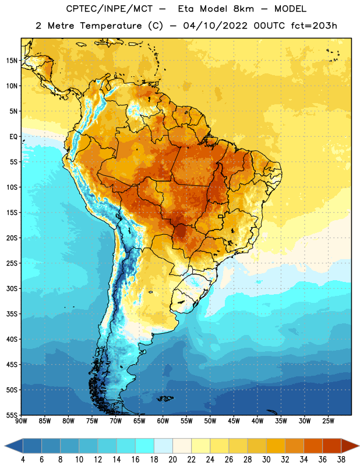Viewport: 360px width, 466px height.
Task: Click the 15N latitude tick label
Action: (x=12, y=61)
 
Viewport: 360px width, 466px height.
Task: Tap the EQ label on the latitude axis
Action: (x=13, y=137)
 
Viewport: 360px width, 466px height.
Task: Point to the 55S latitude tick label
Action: (x=12, y=415)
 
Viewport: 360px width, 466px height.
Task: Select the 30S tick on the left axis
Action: (x=12, y=288)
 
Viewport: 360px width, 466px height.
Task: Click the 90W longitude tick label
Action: (x=22, y=421)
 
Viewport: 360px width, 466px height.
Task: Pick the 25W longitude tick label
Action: (x=328, y=421)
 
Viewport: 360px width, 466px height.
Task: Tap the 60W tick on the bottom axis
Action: (x=163, y=421)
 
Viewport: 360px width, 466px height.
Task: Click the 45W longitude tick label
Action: (x=234, y=421)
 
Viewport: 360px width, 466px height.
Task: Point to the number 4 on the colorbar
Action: (x=23, y=460)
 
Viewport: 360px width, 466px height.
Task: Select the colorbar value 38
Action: (x=341, y=460)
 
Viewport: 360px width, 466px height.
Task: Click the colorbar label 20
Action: (x=172, y=460)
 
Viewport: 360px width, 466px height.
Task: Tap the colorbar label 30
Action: (x=266, y=460)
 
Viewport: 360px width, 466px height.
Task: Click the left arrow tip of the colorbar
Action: (x=5, y=446)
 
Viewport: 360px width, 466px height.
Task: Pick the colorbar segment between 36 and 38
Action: (x=332, y=446)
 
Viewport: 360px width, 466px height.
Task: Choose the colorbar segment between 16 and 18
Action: (x=145, y=446)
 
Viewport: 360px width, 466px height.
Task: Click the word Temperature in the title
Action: (x=111, y=26)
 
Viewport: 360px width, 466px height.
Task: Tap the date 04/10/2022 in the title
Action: (x=216, y=26)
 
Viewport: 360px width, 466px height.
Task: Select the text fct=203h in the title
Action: (x=314, y=26)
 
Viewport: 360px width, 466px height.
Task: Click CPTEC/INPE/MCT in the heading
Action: (x=110, y=9)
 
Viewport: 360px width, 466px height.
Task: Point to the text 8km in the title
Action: (x=243, y=9)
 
